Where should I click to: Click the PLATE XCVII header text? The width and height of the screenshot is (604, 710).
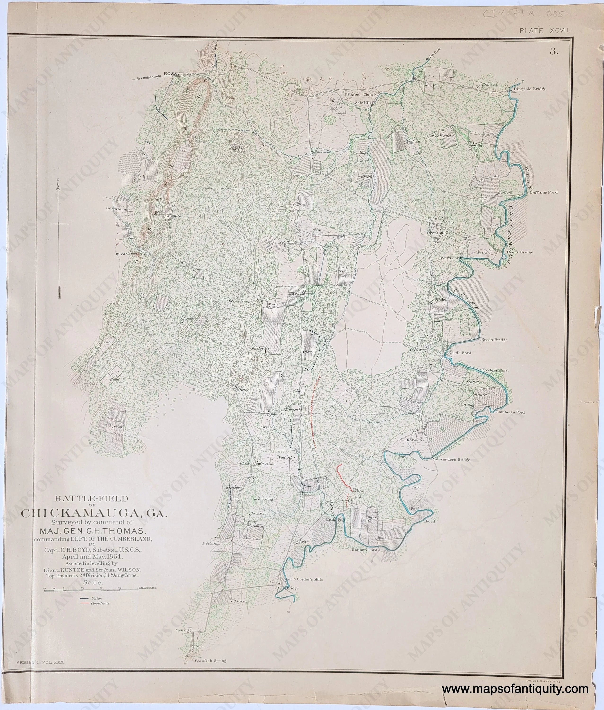pos(544,31)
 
